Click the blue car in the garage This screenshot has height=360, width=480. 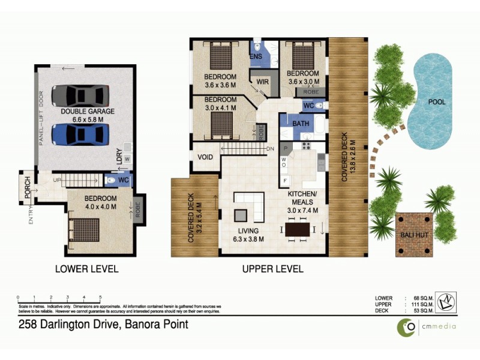[81, 134]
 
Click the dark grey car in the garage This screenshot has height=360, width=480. [81, 95]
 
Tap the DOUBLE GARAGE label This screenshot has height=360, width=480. [88, 112]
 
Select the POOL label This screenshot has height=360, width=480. [436, 102]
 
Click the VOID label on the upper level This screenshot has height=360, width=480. [205, 158]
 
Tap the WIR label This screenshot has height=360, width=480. [262, 81]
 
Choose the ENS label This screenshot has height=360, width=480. [256, 56]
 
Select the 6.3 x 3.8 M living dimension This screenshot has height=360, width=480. [248, 239]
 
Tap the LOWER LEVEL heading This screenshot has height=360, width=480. [87, 269]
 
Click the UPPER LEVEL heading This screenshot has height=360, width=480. [272, 269]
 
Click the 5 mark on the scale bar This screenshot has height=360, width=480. [100, 298]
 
